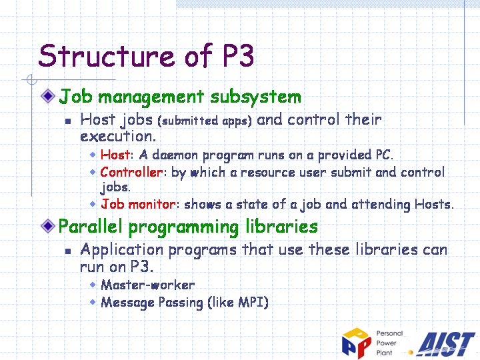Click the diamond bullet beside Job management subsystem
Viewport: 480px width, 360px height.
(x=48, y=96)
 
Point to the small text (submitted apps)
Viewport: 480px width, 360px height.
(x=205, y=121)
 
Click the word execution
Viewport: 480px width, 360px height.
(x=118, y=137)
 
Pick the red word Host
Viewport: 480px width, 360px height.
(x=115, y=155)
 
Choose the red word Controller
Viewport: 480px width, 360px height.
(x=131, y=172)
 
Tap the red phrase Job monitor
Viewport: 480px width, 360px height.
(x=139, y=204)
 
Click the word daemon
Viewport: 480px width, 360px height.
(x=175, y=155)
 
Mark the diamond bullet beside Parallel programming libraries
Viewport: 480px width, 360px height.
(x=48, y=226)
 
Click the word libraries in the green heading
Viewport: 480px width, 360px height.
(x=281, y=227)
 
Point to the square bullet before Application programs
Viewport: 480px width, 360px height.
(x=68, y=251)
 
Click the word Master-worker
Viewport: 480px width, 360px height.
(x=148, y=285)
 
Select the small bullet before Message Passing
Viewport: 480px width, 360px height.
(x=93, y=302)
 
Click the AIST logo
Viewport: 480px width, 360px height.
(x=446, y=345)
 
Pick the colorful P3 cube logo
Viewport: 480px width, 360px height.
(x=357, y=343)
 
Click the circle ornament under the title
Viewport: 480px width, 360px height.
(x=32, y=79)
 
